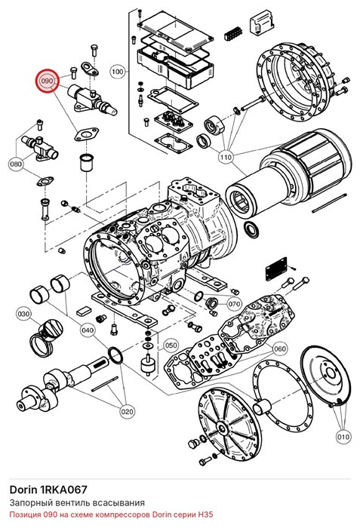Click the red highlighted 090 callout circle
48,81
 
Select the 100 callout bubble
117,72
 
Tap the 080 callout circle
16,164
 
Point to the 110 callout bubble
226,157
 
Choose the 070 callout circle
234,304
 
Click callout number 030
23,315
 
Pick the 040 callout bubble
88,330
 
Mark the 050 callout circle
171,345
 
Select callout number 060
279,348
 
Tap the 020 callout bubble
127,411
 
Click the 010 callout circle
343,437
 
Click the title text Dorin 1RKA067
48,490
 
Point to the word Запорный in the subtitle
26,503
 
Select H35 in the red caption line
205,515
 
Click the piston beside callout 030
47,338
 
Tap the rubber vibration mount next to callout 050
147,364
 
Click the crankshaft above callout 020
64,383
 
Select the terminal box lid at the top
176,30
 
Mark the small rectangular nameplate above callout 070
276,269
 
